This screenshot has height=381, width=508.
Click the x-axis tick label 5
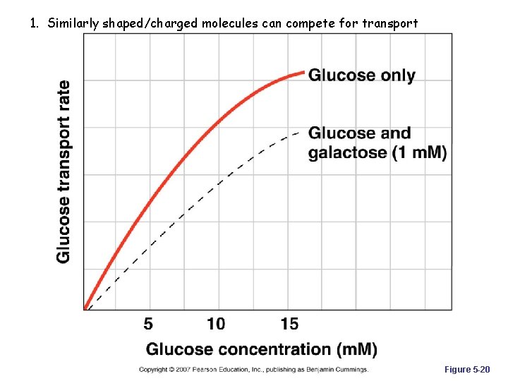tap(148, 324)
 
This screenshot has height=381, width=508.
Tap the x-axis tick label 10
tap(216, 324)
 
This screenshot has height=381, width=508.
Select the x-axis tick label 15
tap(289, 324)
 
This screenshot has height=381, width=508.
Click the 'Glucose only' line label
tap(362, 75)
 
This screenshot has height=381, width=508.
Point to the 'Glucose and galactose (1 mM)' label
tap(377, 143)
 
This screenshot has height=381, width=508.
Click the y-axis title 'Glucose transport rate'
tap(64, 171)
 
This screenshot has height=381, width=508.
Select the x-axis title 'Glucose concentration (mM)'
tap(261, 349)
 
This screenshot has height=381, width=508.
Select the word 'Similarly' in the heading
tap(74, 23)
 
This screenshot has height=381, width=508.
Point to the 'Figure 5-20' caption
tap(466, 370)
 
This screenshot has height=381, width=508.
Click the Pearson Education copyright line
tap(253, 370)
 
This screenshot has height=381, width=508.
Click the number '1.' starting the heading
tap(35, 23)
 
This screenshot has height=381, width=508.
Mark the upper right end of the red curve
tap(303, 72)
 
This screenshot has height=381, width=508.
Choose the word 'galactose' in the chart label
tap(348, 153)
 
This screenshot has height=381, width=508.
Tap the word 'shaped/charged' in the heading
tap(151, 23)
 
